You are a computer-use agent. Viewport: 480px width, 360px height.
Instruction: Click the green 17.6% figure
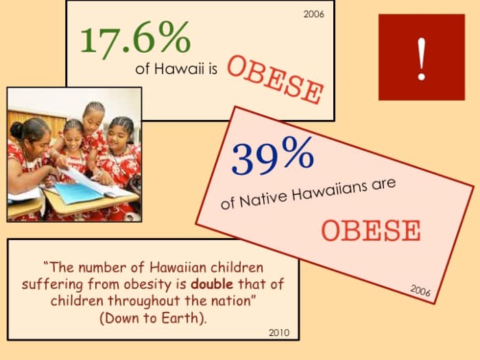point(134,38)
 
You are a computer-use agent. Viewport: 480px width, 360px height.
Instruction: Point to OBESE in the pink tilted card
point(371,230)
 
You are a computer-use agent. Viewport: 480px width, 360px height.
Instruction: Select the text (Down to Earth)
point(152,318)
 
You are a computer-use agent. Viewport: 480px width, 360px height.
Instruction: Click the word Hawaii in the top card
point(178,69)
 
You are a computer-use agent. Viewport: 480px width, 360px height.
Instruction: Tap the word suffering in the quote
point(48,284)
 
